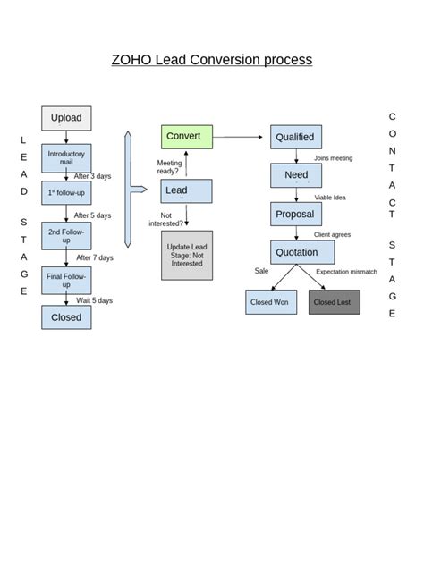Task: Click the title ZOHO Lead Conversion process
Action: pyautogui.click(x=212, y=60)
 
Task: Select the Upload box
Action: pyautogui.click(x=66, y=118)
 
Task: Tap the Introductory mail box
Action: pyautogui.click(x=66, y=158)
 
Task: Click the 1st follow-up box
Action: pyautogui.click(x=66, y=192)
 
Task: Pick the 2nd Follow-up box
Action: pyautogui.click(x=66, y=235)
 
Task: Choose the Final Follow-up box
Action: pyautogui.click(x=66, y=280)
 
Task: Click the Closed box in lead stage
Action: pyautogui.click(x=66, y=317)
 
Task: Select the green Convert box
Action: pyautogui.click(x=187, y=137)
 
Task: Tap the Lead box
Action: pyautogui.click(x=187, y=190)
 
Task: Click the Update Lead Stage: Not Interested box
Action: pyautogui.click(x=187, y=256)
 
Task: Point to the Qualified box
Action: pyautogui.click(x=296, y=137)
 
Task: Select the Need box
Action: pyautogui.click(x=296, y=175)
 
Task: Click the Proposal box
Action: pyautogui.click(x=296, y=215)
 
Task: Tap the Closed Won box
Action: pyautogui.click(x=271, y=302)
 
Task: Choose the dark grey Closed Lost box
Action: pyautogui.click(x=335, y=302)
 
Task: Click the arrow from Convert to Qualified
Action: pyautogui.click(x=242, y=137)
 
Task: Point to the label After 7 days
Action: pyautogui.click(x=95, y=257)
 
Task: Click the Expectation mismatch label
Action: pyautogui.click(x=346, y=271)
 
